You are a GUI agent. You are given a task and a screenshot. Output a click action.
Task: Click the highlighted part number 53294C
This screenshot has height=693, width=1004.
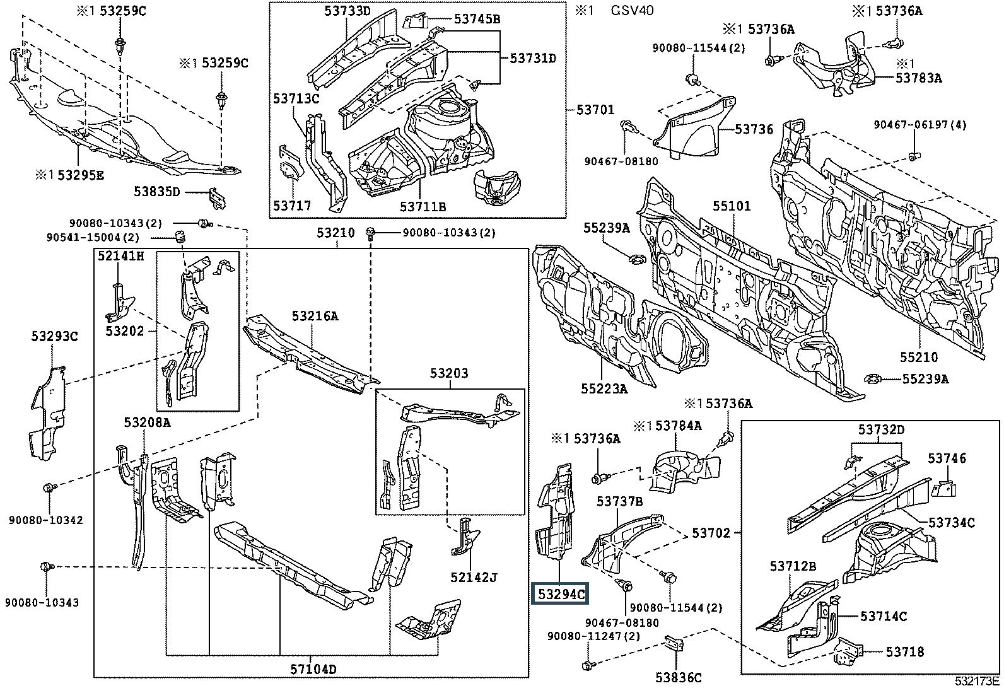coord(561,593)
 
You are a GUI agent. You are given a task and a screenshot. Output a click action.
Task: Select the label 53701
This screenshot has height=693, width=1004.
coord(595,110)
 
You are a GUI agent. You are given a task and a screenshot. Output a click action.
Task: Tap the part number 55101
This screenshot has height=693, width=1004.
coord(732,206)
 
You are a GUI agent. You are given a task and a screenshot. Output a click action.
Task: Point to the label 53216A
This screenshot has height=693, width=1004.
coord(315,316)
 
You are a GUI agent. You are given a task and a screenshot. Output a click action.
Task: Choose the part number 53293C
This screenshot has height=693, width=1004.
coord(54,337)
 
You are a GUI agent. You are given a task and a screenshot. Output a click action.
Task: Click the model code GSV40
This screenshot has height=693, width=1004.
coord(633,11)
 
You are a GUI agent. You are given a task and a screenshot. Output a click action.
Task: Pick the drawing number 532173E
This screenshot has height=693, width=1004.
coord(977,681)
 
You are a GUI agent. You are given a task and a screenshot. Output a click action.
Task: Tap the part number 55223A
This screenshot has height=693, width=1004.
coord(605,389)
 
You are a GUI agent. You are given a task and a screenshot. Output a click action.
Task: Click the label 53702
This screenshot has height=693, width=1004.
coord(711,533)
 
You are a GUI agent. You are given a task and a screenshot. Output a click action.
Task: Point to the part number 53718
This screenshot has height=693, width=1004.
coord(905,652)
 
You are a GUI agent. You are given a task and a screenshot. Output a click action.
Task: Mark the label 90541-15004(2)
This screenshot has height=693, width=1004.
coord(93,238)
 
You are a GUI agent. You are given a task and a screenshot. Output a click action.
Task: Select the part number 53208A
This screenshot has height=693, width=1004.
coord(147,422)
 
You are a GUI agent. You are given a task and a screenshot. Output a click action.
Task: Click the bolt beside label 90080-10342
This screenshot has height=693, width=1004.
coord(49,487)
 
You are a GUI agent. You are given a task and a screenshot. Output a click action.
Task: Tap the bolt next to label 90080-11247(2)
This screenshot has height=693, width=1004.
coord(588,665)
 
